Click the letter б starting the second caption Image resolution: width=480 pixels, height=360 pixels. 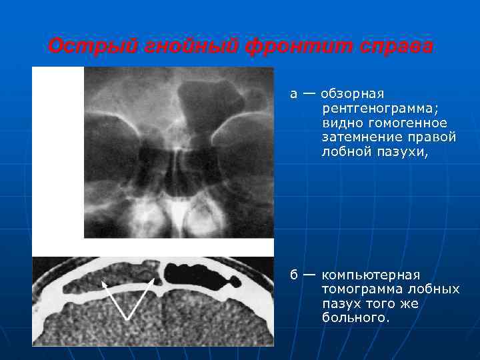tap(293, 275)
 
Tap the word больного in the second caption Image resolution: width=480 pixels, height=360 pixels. tap(353, 318)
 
